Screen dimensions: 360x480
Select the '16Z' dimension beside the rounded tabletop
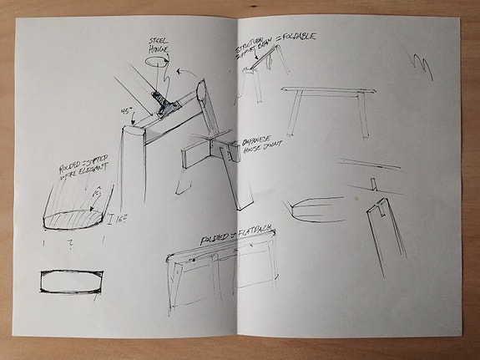[116, 219]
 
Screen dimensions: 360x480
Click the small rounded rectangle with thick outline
[69, 281]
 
